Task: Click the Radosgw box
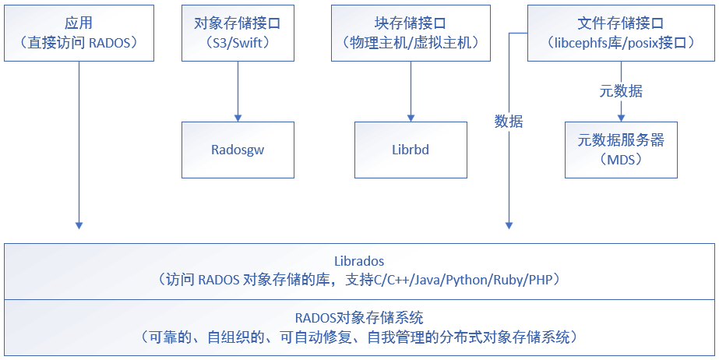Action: click(x=238, y=150)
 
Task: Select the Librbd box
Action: click(x=411, y=150)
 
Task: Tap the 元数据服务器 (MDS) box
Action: click(x=621, y=150)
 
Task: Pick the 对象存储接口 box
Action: click(x=238, y=33)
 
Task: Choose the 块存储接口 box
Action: click(x=411, y=33)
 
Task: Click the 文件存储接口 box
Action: click(x=621, y=33)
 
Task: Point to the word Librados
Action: click(x=359, y=261)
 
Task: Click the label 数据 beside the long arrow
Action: click(x=509, y=122)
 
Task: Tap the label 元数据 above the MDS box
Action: click(x=621, y=90)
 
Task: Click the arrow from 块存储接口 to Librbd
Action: click(x=411, y=90)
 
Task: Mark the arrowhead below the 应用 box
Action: click(x=79, y=223)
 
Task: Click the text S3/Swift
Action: click(x=238, y=43)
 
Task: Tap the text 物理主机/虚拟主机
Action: click(x=411, y=43)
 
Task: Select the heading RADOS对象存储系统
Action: click(x=359, y=318)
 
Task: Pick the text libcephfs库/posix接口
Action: click(x=621, y=43)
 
